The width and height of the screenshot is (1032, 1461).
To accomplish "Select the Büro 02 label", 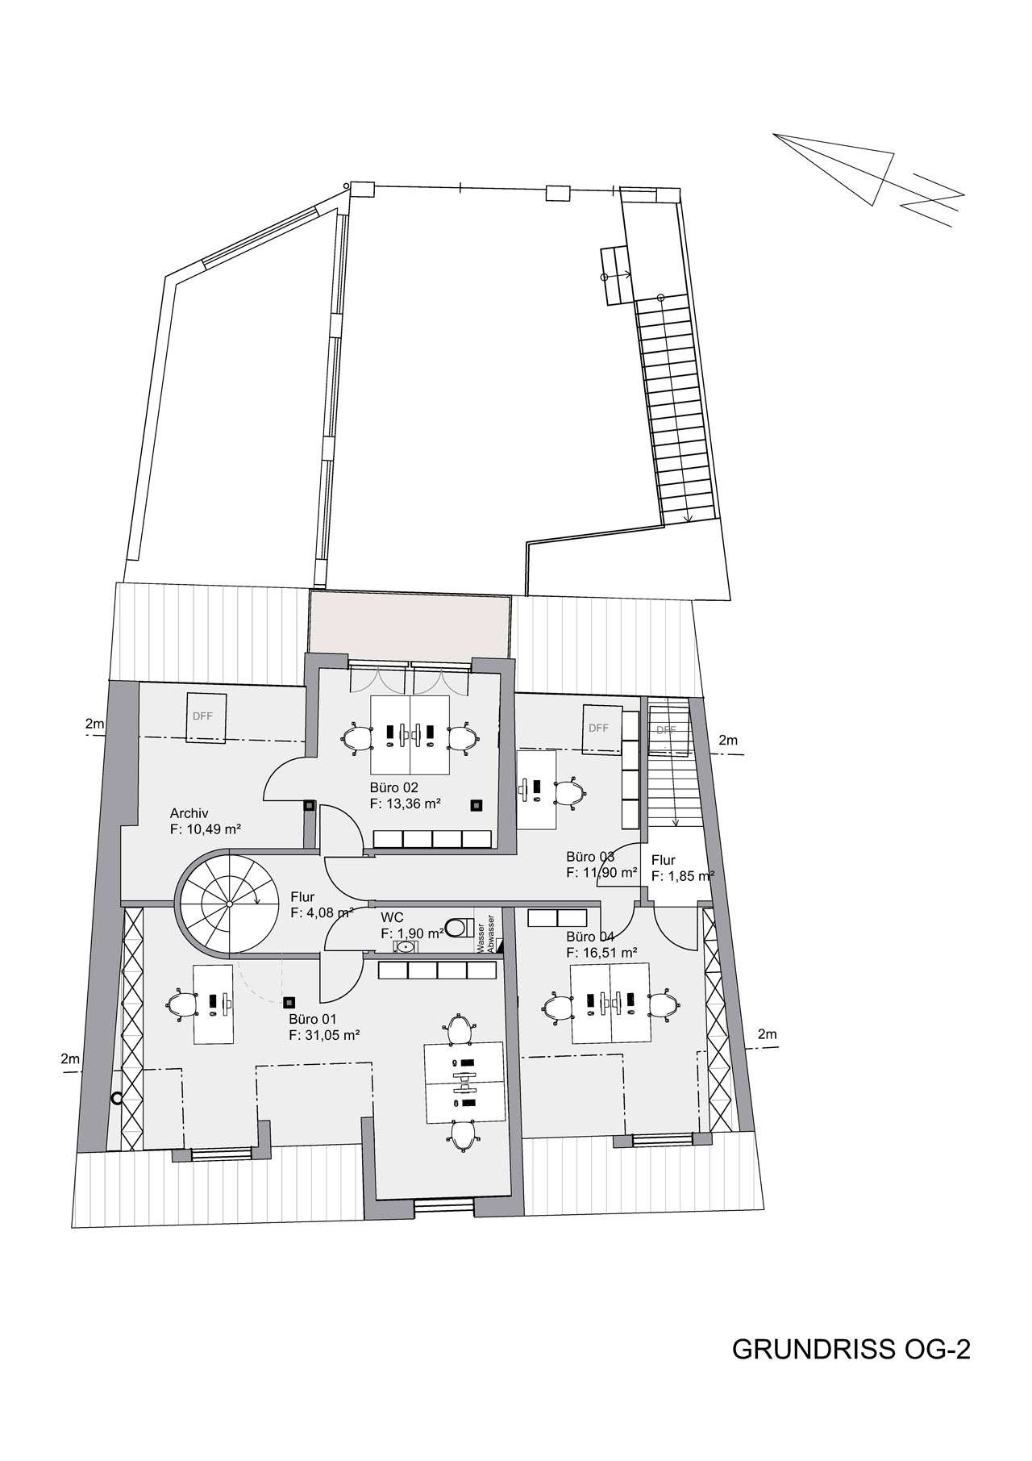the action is click(x=394, y=787).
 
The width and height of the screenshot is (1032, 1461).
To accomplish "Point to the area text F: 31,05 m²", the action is click(x=324, y=1034).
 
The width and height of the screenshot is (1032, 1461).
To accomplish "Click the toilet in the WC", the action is click(x=458, y=927).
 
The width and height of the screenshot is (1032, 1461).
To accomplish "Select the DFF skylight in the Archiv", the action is click(x=206, y=716).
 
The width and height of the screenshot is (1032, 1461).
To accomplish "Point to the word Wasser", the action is click(x=481, y=935).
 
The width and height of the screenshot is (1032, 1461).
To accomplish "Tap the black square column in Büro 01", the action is click(x=288, y=1002).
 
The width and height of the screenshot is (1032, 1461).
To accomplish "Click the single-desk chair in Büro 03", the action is click(x=569, y=791).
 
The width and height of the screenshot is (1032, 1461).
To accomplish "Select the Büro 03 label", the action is click(x=591, y=857).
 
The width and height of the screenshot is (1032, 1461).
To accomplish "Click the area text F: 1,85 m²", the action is click(x=684, y=875).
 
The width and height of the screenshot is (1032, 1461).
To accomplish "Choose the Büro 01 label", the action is click(x=314, y=1019).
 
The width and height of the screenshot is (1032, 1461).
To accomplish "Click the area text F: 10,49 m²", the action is click(x=206, y=829).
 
